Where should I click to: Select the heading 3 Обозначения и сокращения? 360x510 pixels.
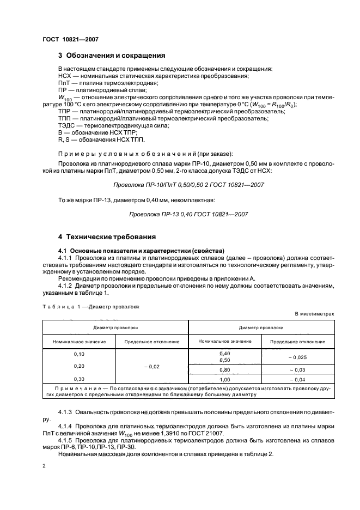[x=112, y=56]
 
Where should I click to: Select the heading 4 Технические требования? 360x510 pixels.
[x=107, y=237]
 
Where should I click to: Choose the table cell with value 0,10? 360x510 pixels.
[x=79, y=354]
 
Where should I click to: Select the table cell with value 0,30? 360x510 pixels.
[x=79, y=378]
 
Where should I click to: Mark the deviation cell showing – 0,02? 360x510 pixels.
[x=151, y=367]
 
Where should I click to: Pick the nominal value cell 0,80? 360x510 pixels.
[x=224, y=369]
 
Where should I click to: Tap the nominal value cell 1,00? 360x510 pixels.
[x=224, y=379]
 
